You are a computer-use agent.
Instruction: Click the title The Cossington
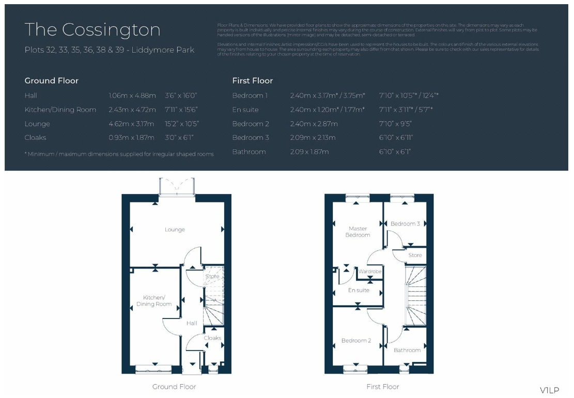click(x=92, y=29)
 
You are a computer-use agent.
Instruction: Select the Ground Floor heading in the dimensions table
click(x=52, y=81)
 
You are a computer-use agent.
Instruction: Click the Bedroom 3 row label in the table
click(x=251, y=138)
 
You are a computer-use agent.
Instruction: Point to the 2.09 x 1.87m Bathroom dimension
click(x=309, y=152)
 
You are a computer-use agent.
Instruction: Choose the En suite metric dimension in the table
click(x=328, y=110)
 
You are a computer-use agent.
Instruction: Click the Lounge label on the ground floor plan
click(x=175, y=230)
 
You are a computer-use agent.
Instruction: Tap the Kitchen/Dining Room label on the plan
click(x=153, y=300)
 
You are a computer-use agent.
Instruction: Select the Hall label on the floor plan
click(x=192, y=323)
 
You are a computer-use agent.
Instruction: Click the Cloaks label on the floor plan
click(x=212, y=338)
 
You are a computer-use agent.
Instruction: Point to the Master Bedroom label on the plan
click(x=358, y=232)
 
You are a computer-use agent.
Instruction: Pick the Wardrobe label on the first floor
click(x=370, y=272)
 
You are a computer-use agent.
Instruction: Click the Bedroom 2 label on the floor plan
click(x=356, y=341)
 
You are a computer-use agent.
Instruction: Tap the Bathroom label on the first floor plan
click(x=407, y=350)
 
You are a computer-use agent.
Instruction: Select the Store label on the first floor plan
click(x=415, y=255)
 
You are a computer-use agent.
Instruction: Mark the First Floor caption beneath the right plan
click(x=383, y=387)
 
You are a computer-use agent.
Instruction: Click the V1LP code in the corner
click(x=549, y=390)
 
